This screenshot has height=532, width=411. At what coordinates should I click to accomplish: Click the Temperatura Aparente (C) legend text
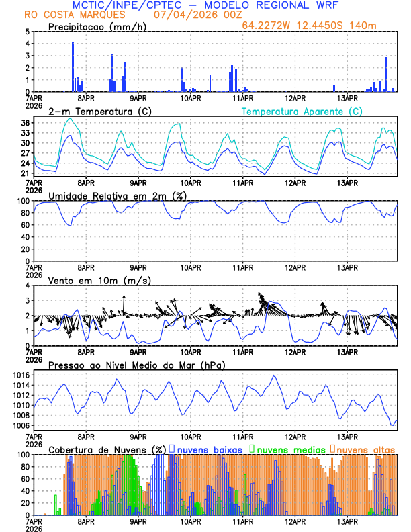[302, 111]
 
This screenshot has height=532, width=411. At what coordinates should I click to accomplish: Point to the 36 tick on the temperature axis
[25, 123]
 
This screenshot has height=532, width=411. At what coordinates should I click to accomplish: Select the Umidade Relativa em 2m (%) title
[118, 195]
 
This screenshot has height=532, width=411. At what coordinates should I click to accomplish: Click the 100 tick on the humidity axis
[22, 201]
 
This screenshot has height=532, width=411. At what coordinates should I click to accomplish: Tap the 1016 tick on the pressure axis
[20, 375]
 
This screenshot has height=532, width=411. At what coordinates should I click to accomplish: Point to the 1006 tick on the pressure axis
[20, 425]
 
